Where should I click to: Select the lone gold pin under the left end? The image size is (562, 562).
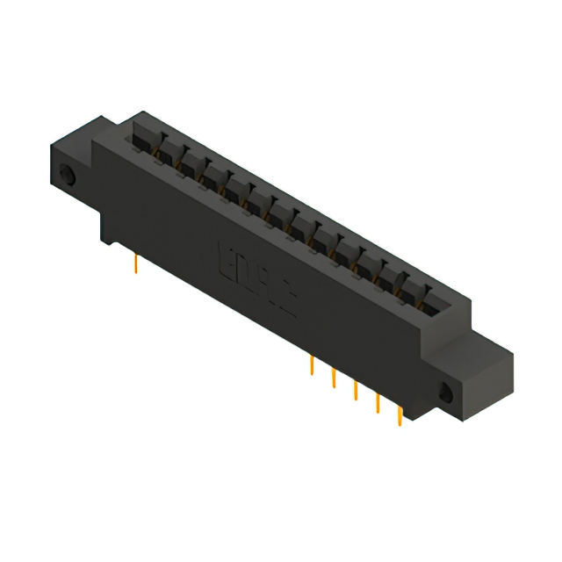[137, 263]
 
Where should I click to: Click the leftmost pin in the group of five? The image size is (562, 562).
[312, 364]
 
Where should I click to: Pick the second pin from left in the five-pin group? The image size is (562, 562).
[334, 377]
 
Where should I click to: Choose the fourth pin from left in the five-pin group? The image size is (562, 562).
[378, 401]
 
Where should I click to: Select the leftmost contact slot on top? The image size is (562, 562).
[145, 140]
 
